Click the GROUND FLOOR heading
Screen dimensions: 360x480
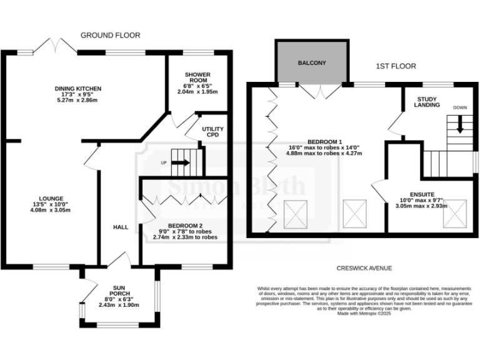click(x=110, y=36)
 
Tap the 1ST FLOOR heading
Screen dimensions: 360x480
click(x=396, y=66)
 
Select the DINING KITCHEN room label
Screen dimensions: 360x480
click(x=78, y=89)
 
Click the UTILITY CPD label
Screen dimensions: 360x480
click(x=212, y=132)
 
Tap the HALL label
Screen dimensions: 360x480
click(x=121, y=227)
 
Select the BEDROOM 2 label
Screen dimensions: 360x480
click(x=184, y=225)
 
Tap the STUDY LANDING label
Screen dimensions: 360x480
click(x=427, y=102)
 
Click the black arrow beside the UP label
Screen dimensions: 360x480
click(x=180, y=163)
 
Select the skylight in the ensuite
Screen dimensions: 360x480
click(x=454, y=214)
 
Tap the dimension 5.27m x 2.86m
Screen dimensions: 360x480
click(x=78, y=100)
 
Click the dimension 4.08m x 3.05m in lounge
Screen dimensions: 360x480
click(x=51, y=210)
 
